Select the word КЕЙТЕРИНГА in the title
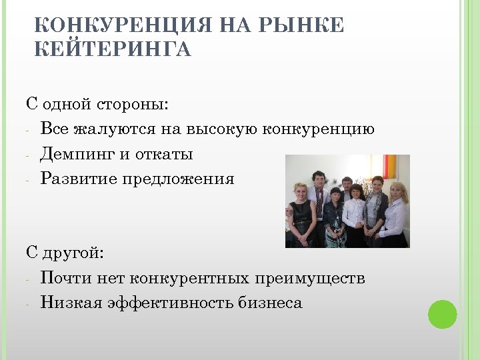[x=112, y=49]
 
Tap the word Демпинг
[x=78, y=154]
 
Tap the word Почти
[x=60, y=277]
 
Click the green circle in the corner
[x=442, y=313]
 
